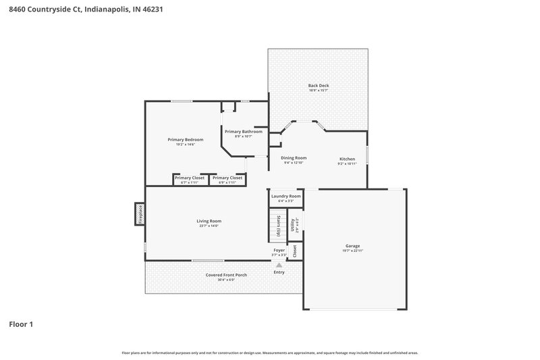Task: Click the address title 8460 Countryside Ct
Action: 85,10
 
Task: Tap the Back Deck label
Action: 318,86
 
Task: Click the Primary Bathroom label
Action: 243,132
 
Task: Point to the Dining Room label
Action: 294,157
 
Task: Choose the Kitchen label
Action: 346,159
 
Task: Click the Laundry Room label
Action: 286,196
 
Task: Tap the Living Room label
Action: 209,221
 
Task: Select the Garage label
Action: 352,246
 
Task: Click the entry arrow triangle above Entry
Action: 279,265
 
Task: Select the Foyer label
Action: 279,250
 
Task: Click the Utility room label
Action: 293,224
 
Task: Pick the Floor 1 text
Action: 21,324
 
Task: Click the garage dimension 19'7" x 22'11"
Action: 352,251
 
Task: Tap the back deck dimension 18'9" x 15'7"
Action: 318,91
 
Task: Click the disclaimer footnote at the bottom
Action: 269,353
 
